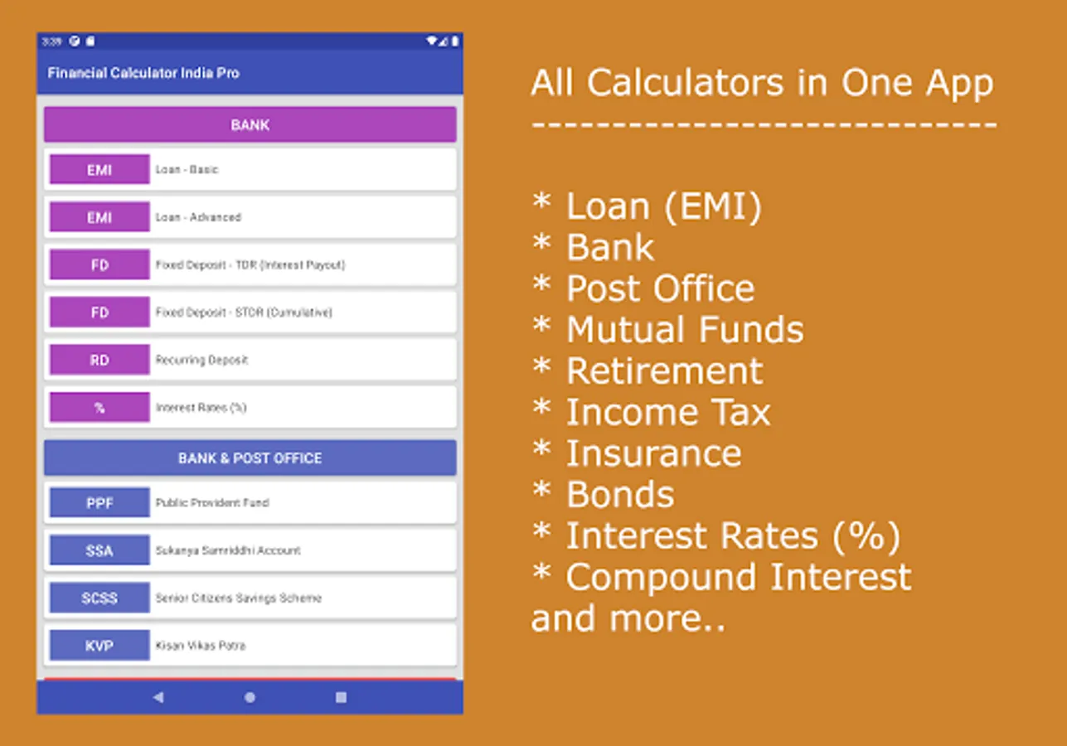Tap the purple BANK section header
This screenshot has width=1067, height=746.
tap(250, 124)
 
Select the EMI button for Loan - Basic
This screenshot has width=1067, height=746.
tap(99, 169)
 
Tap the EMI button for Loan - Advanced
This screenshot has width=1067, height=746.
tap(99, 216)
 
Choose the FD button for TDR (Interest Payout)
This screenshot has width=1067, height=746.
tap(99, 264)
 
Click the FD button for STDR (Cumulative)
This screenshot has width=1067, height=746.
tap(99, 312)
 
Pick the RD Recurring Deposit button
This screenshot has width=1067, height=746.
tap(99, 360)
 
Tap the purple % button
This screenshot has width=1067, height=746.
tap(99, 407)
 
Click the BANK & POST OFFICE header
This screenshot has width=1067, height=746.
tap(250, 458)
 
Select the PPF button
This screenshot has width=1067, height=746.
tap(99, 502)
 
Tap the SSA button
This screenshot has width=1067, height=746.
tap(99, 550)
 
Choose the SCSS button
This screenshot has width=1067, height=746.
tap(99, 598)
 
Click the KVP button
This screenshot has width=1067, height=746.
tap(99, 646)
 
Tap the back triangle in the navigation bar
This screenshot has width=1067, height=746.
tap(158, 697)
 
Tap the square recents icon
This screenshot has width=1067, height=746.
tap(341, 697)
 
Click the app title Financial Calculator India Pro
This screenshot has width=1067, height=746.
tap(143, 73)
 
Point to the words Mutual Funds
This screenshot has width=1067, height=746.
tap(685, 329)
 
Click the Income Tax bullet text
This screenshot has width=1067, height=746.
tap(668, 412)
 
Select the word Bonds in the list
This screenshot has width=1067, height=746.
tap(620, 495)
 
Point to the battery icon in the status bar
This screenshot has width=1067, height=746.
tap(455, 41)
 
